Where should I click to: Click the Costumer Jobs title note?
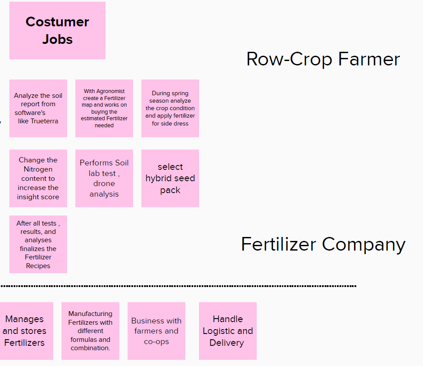click(57, 30)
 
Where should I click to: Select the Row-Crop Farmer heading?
click(323, 59)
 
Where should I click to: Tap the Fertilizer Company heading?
click(323, 244)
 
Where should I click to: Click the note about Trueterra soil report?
click(38, 108)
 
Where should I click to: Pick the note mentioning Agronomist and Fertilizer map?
click(104, 108)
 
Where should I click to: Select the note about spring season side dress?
click(170, 108)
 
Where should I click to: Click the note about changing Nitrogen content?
click(38, 178)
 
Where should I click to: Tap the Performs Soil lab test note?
click(104, 178)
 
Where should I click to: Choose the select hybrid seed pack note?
click(170, 178)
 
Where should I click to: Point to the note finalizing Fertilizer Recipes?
click(38, 244)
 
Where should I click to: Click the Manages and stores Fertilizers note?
click(25, 331)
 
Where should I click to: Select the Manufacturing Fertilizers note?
click(90, 331)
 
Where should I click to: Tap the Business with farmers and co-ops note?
click(156, 331)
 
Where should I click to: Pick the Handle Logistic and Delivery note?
click(228, 331)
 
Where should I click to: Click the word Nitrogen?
click(38, 169)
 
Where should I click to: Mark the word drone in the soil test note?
click(104, 183)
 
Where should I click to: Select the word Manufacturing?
click(90, 314)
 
